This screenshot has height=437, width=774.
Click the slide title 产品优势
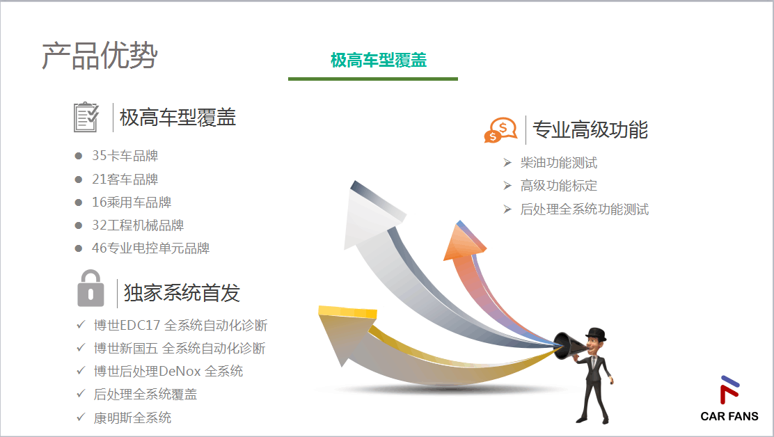[x=100, y=55]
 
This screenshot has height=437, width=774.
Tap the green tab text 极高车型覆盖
[x=379, y=60]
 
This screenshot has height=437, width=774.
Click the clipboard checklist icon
[x=86, y=117]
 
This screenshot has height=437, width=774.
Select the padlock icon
[x=90, y=288]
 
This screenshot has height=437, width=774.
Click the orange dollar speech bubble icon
[x=500, y=130]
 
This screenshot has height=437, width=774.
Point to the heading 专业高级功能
[x=590, y=129]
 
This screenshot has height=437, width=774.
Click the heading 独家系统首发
[x=182, y=292]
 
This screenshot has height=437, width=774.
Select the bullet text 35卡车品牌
[x=125, y=156]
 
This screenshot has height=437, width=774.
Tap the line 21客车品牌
[x=125, y=179]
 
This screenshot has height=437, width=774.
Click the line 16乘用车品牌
[x=132, y=202]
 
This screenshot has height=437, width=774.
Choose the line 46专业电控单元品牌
[x=150, y=248]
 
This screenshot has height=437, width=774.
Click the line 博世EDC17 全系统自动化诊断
[x=180, y=326]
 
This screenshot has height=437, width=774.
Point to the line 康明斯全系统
[x=132, y=418]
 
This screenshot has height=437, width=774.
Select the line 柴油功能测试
[x=559, y=163]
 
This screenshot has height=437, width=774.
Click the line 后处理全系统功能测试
[x=585, y=209]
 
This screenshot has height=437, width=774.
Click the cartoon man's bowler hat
[x=597, y=334]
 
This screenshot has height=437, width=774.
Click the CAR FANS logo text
[x=729, y=416]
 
